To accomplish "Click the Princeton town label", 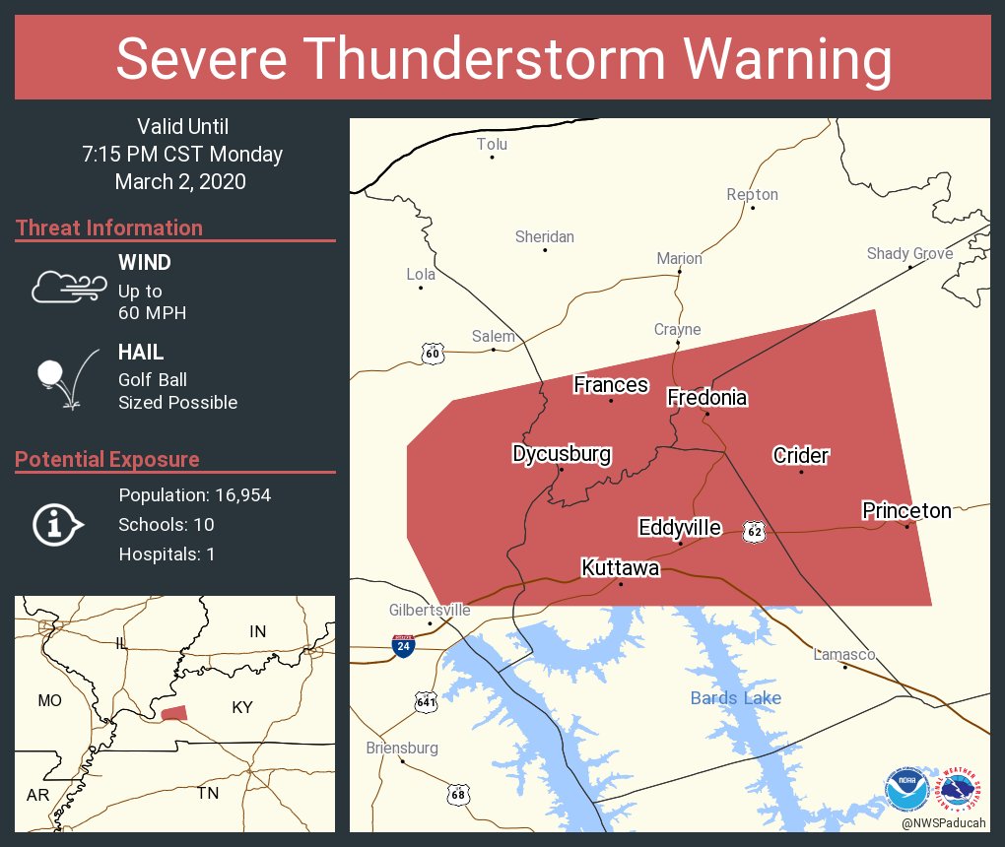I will click(x=906, y=510).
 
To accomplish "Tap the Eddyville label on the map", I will click(x=679, y=527).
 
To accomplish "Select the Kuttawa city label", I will click(x=620, y=567).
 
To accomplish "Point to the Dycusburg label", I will click(x=562, y=453).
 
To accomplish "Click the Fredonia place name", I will click(x=706, y=397).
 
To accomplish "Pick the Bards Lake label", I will click(x=735, y=698).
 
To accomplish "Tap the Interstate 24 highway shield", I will click(x=403, y=646).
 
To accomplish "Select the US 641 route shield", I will click(x=426, y=701).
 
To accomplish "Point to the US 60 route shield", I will click(x=432, y=353).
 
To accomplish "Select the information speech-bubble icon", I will click(x=57, y=524).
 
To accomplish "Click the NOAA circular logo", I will click(x=905, y=789).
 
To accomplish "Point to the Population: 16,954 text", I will click(x=194, y=494).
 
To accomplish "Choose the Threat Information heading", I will click(x=109, y=228).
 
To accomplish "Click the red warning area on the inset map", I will click(x=174, y=713).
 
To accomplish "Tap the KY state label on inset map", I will click(x=242, y=707).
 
